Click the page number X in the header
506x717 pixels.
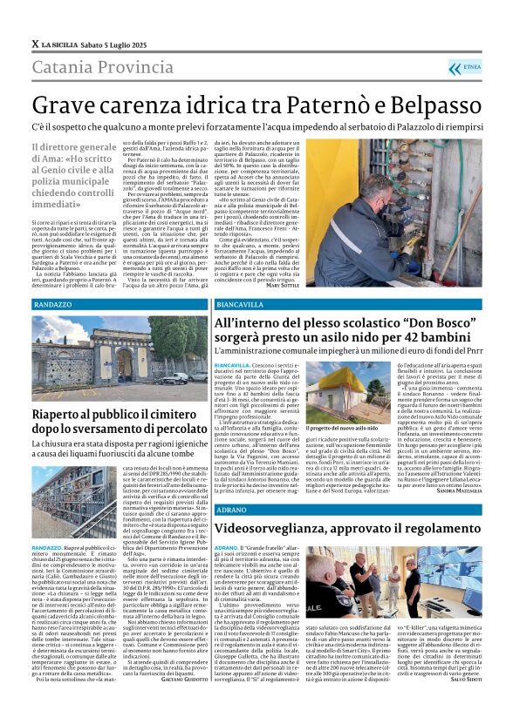pos(35,43)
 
